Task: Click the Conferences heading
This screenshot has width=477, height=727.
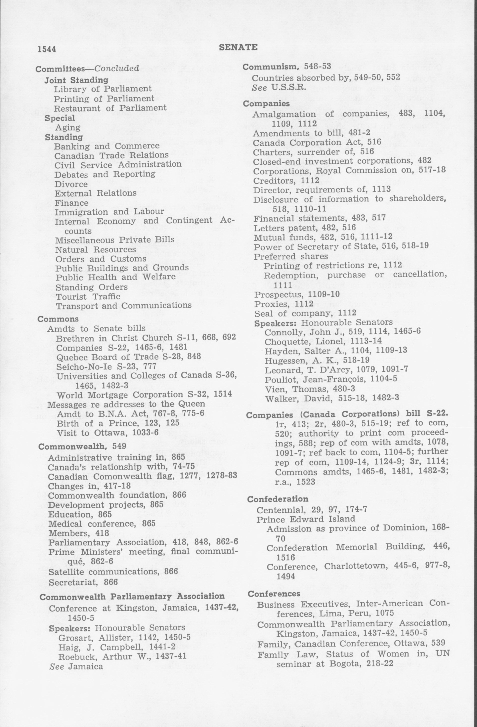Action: [x=274, y=593]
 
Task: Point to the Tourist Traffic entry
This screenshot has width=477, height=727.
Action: [x=88, y=296]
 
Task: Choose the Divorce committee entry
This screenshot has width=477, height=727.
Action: [x=71, y=184]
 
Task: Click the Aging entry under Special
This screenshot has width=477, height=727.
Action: [x=68, y=127]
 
